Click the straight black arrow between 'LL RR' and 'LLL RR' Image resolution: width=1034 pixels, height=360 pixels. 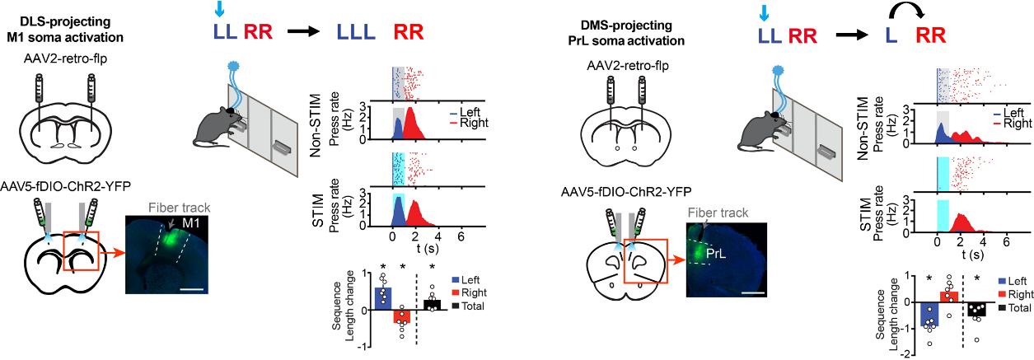(306, 33)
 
